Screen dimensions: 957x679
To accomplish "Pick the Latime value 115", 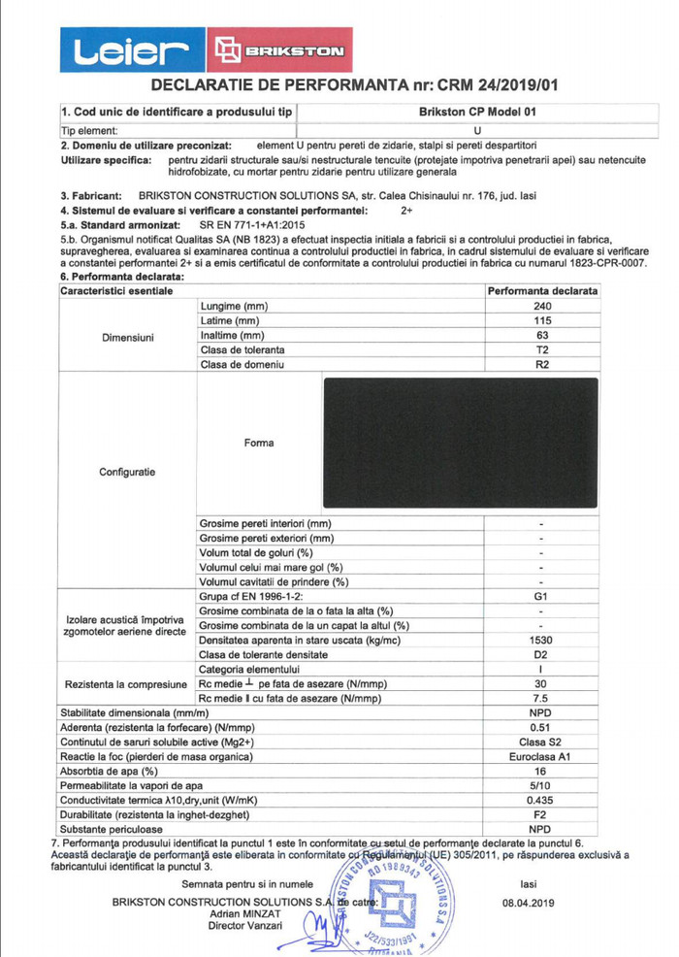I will pyautogui.click(x=543, y=321).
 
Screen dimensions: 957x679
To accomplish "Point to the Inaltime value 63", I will pyautogui.click(x=543, y=336).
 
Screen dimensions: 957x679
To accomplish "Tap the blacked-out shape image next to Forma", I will pyautogui.click(x=459, y=444).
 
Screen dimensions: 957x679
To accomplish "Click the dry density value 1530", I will pyautogui.click(x=543, y=641).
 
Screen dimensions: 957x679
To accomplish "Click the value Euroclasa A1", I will pyautogui.click(x=543, y=756).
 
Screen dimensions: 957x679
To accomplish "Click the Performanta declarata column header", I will pyautogui.click(x=543, y=291).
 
